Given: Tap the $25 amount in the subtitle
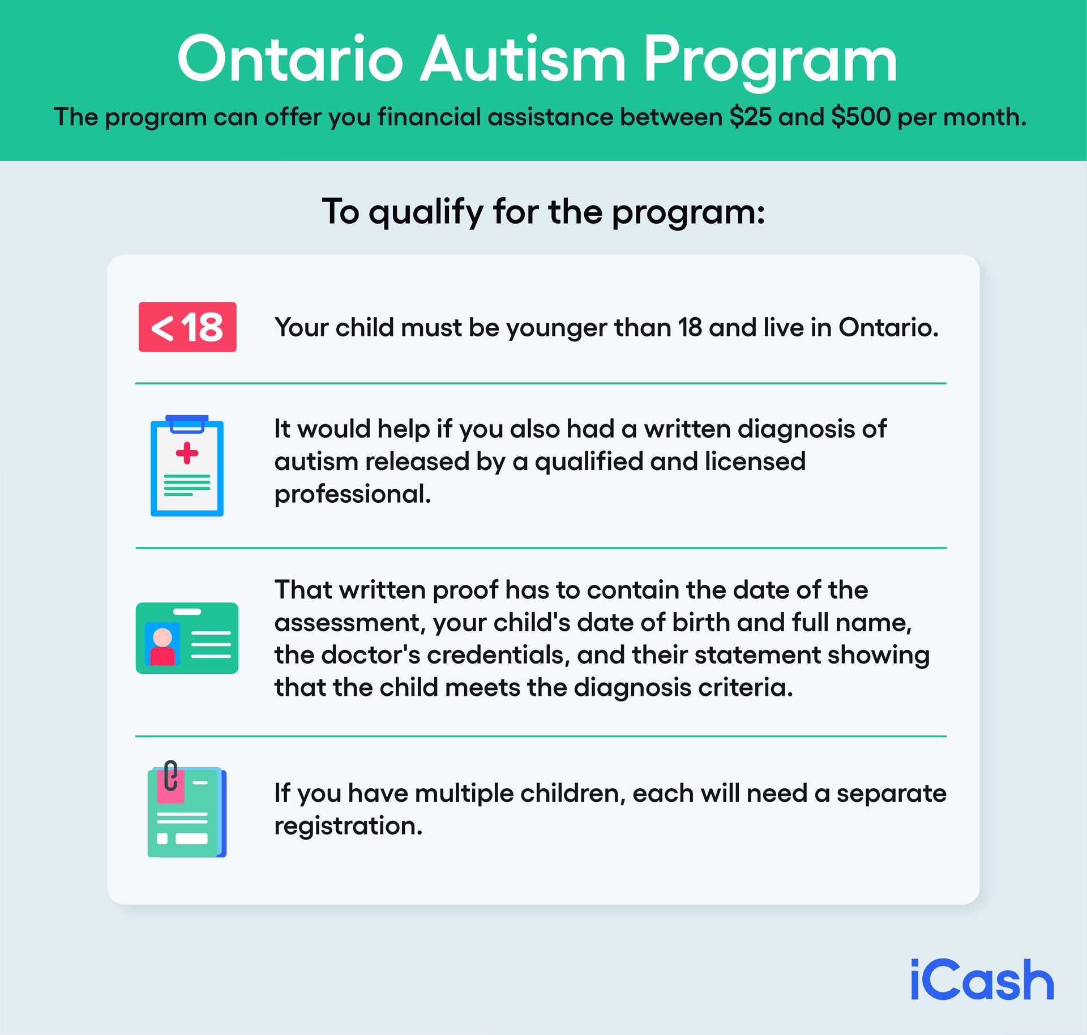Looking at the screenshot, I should (x=750, y=117).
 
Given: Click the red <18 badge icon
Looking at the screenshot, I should (x=187, y=327).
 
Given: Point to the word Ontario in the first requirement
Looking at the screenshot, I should (x=888, y=327).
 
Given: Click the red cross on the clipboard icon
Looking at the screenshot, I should (x=187, y=453).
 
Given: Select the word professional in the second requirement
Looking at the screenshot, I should (x=352, y=494).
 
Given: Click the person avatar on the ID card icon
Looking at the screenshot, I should (x=162, y=645).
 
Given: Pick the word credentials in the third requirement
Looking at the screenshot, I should (x=495, y=655).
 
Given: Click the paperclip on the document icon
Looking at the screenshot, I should (x=170, y=775).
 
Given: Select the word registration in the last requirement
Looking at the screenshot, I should (x=348, y=826).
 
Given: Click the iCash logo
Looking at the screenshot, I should (x=982, y=980).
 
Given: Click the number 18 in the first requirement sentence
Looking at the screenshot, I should (x=690, y=327).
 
